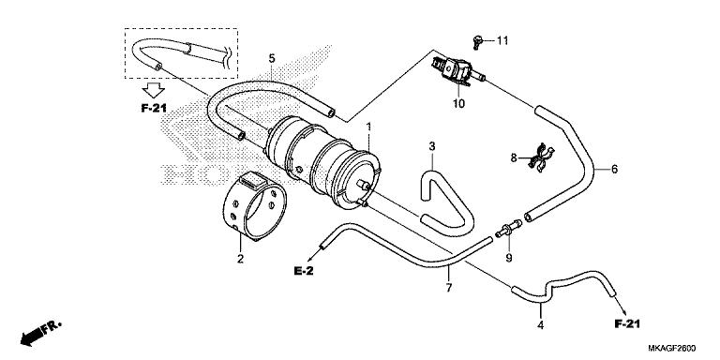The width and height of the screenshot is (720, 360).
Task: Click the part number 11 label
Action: pos(502,41)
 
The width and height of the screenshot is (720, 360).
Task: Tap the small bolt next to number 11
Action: pos(477,42)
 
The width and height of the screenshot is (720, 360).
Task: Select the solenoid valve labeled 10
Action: pos(455,71)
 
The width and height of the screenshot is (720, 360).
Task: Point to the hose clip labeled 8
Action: pos(541,157)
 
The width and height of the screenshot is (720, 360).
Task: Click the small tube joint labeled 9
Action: pos(509,228)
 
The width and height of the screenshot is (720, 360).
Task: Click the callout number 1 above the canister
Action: pos(367,126)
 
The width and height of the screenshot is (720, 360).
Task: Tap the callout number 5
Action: pos(272,58)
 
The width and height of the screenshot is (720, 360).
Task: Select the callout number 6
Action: pos(614,169)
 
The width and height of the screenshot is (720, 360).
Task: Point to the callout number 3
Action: pos(432,146)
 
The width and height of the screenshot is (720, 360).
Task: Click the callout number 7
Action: pos(449,288)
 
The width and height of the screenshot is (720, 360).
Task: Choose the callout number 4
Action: pos(540,325)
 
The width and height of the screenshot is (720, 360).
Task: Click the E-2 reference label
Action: pos(304,271)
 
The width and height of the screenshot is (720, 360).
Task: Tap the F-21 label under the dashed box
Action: pos(154,109)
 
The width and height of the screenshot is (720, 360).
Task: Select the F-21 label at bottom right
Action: pos(627,324)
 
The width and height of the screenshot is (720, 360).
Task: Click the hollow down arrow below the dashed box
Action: pos(154,90)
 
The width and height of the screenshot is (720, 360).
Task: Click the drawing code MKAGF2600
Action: pos(672,348)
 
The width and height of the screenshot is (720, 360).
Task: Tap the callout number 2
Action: pos(240,259)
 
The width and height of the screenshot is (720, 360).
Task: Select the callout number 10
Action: pos(458,104)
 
